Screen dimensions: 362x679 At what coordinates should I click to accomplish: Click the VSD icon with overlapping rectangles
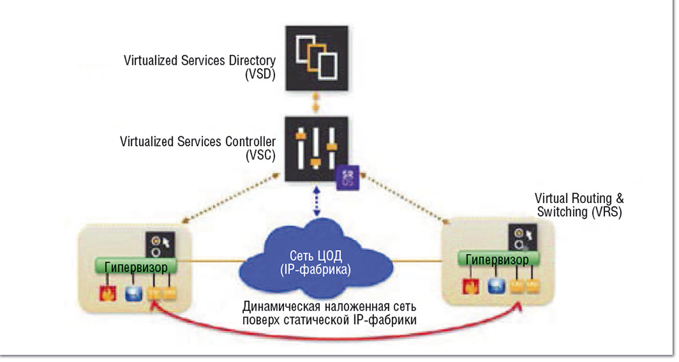pos(315,58)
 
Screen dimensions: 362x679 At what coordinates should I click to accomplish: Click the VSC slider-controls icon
pos(316,149)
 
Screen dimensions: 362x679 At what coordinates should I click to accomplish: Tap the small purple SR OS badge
pos(345,176)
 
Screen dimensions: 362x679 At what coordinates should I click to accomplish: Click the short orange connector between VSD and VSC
pos(315,104)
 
